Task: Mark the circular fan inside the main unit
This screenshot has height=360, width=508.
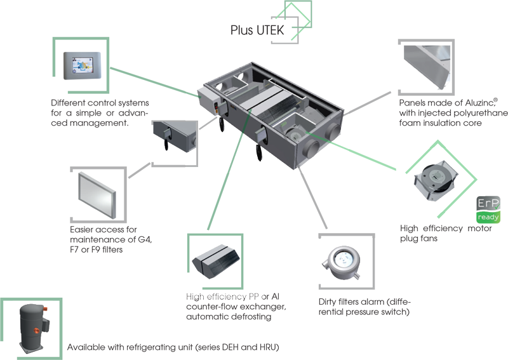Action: (294, 132)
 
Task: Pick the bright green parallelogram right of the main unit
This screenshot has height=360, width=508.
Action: (373, 156)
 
